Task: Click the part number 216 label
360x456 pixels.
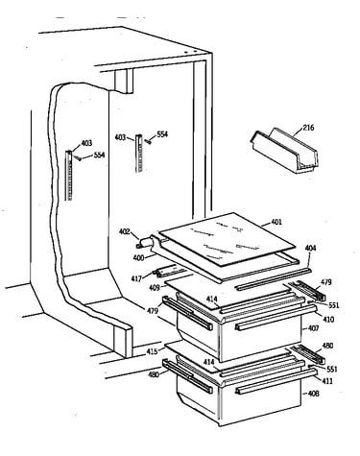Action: pyautogui.click(x=308, y=128)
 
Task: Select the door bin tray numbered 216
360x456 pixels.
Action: pyautogui.click(x=283, y=151)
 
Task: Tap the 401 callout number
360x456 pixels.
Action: pyautogui.click(x=276, y=222)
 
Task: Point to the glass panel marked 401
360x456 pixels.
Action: pyautogui.click(x=228, y=239)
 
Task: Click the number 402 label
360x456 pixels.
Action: pyautogui.click(x=125, y=231)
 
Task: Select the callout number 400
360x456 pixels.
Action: pyautogui.click(x=138, y=257)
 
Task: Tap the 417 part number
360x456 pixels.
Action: pyautogui.click(x=136, y=279)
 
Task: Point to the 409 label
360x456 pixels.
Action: pyautogui.click(x=155, y=288)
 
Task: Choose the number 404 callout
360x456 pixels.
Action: pyautogui.click(x=310, y=248)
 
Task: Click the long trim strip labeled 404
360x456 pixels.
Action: pyautogui.click(x=273, y=278)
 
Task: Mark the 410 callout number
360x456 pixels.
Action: pyautogui.click(x=328, y=319)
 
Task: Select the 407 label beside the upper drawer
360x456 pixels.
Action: pyautogui.click(x=313, y=328)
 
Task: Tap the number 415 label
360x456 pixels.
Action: pyautogui.click(x=152, y=351)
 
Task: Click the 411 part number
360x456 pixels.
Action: pyautogui.click(x=327, y=381)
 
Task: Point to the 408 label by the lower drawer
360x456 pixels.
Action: pyautogui.click(x=313, y=393)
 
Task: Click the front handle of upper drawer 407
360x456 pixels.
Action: pyautogui.click(x=276, y=317)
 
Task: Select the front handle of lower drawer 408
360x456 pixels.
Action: pyautogui.click(x=276, y=380)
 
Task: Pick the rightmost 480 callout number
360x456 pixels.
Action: pyautogui.click(x=327, y=346)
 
